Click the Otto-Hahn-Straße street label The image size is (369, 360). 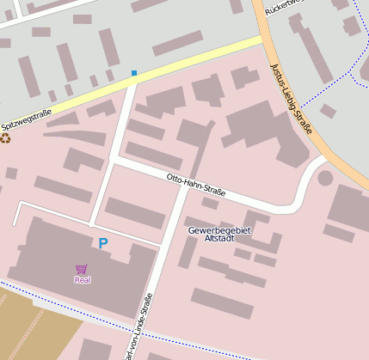coord(196,186)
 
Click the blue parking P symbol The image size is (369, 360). coord(103,244)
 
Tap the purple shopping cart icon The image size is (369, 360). coord(83,269)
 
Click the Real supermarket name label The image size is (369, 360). coord(83,280)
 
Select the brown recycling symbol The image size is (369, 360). coord(7,137)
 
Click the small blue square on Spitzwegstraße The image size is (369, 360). coord(134,72)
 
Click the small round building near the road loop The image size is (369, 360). coord(325,179)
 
